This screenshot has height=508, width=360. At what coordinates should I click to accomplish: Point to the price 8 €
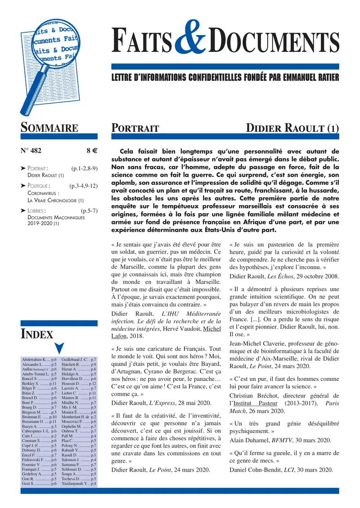[93, 152]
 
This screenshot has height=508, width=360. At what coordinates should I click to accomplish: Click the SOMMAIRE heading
[49, 128]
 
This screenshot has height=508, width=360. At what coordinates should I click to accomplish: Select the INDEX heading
[37, 334]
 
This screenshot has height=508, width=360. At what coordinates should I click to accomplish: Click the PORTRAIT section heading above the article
[135, 128]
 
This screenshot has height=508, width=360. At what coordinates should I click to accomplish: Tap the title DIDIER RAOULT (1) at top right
[292, 128]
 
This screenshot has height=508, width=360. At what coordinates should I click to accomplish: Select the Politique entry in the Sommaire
[38, 185]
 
